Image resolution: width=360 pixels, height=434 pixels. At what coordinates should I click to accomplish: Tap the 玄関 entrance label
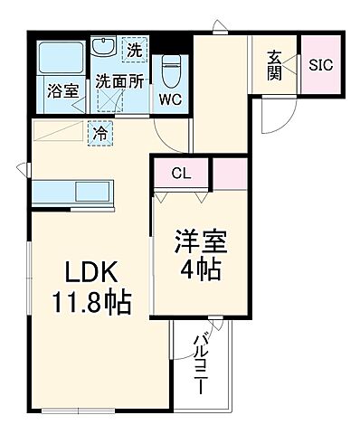tap(274, 65)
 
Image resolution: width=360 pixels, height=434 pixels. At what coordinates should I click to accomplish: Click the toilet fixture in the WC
tap(169, 69)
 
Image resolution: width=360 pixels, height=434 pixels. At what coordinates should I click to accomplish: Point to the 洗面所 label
tap(119, 80)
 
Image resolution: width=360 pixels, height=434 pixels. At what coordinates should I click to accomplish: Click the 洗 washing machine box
tap(134, 50)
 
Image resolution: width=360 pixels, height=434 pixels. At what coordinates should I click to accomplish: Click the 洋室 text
tap(200, 242)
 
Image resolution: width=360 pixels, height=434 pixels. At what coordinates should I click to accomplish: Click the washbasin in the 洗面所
tap(102, 47)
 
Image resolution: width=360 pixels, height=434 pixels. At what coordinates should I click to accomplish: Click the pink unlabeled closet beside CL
tap(230, 171)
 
